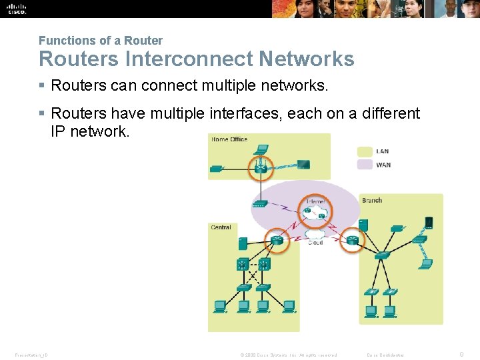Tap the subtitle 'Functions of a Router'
100,41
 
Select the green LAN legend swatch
365,151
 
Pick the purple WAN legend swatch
365,165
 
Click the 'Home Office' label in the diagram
229,139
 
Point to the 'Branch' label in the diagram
372,200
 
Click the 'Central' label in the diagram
221,227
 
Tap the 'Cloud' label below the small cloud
315,243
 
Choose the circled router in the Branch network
352,239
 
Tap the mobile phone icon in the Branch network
429,222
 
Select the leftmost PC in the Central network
219,306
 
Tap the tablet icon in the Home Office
303,164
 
